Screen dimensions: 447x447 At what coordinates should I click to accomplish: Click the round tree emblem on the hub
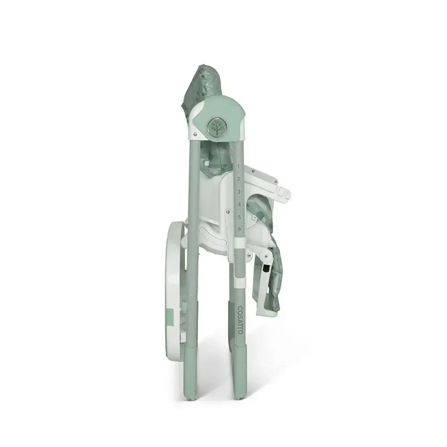pyautogui.click(x=216, y=127)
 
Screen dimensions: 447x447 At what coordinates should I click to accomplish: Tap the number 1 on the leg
pyautogui.click(x=238, y=166)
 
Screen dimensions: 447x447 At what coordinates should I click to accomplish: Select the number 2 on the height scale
pyautogui.click(x=239, y=179)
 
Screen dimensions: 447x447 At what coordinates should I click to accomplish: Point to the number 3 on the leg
pyautogui.click(x=239, y=192)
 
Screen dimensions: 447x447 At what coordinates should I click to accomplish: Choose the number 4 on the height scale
pyautogui.click(x=239, y=204)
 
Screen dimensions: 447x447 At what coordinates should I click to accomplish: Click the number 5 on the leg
pyautogui.click(x=240, y=217)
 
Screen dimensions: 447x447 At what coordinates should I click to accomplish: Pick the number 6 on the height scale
pyautogui.click(x=240, y=229)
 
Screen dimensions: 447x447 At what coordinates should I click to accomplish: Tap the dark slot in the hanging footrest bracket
pyautogui.click(x=267, y=269)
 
